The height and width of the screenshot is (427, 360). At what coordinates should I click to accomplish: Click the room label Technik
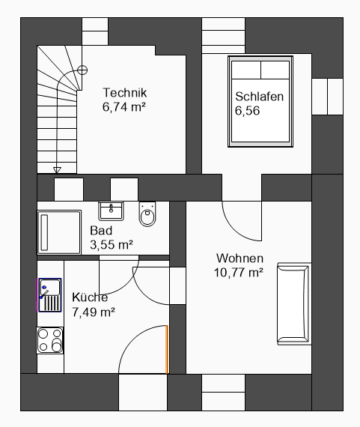125,93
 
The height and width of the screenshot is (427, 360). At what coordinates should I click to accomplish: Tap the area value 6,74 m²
124,106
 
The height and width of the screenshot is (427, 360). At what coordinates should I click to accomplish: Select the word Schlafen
259,97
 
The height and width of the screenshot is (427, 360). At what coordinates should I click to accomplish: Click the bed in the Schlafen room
260,102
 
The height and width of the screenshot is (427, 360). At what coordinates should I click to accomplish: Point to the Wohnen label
240,258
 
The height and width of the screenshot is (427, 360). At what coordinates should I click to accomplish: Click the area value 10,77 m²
239,273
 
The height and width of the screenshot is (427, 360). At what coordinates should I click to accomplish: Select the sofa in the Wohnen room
294,303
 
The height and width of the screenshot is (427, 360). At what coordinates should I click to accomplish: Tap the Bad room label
101,231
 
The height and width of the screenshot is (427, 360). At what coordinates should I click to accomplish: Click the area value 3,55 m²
112,244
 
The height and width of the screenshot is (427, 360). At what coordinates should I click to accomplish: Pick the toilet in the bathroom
147,214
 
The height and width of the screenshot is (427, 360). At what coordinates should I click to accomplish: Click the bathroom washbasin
111,211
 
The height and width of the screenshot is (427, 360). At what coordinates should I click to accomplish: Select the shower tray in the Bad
59,232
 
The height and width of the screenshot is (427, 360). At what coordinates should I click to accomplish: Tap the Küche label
90,297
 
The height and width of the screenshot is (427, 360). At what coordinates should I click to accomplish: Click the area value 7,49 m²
94,312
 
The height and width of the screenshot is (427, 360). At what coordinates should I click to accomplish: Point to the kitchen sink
50,295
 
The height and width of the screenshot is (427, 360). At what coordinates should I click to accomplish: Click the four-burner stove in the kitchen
50,340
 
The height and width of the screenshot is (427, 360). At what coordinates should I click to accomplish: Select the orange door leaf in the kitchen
167,349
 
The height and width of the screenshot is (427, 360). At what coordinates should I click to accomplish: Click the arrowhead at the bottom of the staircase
57,170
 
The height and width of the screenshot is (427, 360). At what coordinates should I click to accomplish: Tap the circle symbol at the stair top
82,70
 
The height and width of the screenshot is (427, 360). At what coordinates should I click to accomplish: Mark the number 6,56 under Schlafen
247,111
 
